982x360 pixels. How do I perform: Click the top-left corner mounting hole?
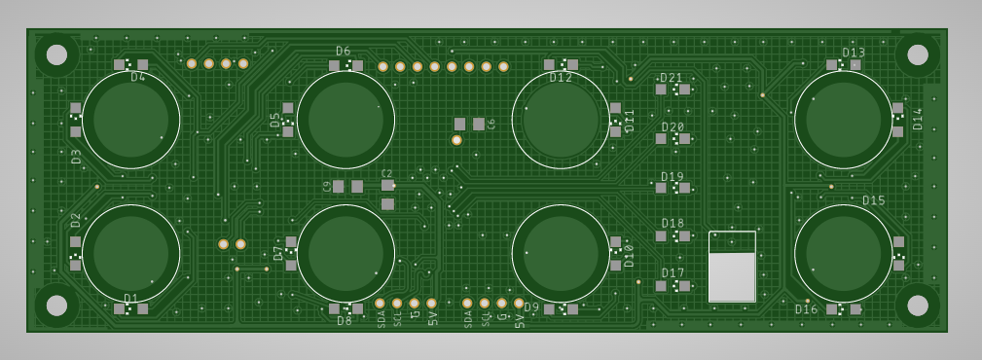click(x=56, y=54)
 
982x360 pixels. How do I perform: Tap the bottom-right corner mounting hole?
click(x=917, y=305)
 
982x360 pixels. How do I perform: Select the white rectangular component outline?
click(x=732, y=267)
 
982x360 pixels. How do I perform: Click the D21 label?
click(x=672, y=78)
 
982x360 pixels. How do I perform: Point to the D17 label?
click(x=673, y=273)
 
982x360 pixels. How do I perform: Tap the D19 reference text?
click(x=673, y=177)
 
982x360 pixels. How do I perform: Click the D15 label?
click(x=873, y=200)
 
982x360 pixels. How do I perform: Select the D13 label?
click(x=854, y=53)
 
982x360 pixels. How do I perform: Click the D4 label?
click(x=138, y=77)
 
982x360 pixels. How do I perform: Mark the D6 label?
click(x=344, y=51)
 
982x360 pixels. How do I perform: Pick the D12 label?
click(x=561, y=78)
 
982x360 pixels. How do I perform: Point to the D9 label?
click(x=531, y=307)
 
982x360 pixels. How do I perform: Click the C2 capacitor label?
click(x=386, y=173)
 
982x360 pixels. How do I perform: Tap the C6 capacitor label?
click(x=491, y=124)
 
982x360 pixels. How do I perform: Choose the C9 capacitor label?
click(x=326, y=186)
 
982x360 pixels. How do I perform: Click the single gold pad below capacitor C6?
click(x=456, y=140)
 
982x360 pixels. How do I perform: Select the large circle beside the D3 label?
click(x=130, y=120)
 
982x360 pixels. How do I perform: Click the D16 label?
click(x=806, y=309)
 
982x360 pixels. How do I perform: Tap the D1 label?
click(x=130, y=298)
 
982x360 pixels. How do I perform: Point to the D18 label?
click(x=673, y=224)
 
